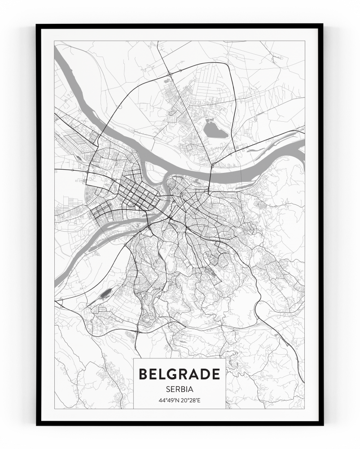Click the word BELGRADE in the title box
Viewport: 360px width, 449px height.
[180, 374]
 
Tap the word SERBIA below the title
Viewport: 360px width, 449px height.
[180, 388]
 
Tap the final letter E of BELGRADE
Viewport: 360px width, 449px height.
[216, 374]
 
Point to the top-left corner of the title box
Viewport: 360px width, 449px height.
[134, 359]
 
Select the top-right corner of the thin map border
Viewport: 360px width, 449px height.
[305, 41]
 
